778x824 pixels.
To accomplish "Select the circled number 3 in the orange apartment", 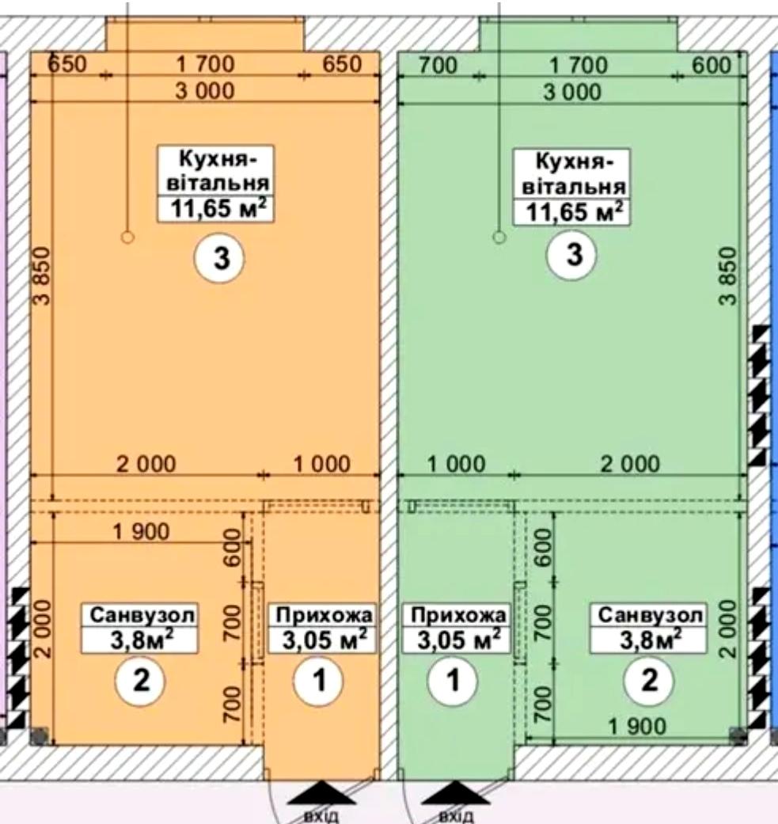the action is [x=221, y=258].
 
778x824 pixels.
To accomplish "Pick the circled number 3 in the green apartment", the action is [x=573, y=255].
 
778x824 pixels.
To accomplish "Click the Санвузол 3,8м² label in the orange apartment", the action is [x=140, y=628].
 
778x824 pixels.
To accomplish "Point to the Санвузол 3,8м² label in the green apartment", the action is [x=649, y=628].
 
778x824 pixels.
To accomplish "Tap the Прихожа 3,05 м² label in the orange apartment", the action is [x=323, y=628].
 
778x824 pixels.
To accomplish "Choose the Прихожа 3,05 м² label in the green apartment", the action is [x=455, y=628].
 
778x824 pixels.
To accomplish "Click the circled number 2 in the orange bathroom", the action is [x=140, y=680].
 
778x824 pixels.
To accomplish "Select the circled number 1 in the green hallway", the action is [x=453, y=680].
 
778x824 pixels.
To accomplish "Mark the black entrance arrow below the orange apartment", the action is [x=321, y=792].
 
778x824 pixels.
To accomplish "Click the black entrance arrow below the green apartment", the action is [x=455, y=792].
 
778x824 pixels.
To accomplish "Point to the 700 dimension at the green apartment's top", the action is [x=438, y=66].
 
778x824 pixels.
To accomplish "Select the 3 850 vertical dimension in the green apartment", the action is [x=728, y=276].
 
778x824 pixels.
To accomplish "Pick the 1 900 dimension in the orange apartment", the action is [x=142, y=532].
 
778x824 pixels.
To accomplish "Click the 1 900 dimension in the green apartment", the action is [x=637, y=727].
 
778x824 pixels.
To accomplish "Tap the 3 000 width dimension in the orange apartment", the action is [x=205, y=92].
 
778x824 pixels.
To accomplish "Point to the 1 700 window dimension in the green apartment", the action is [x=579, y=66].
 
